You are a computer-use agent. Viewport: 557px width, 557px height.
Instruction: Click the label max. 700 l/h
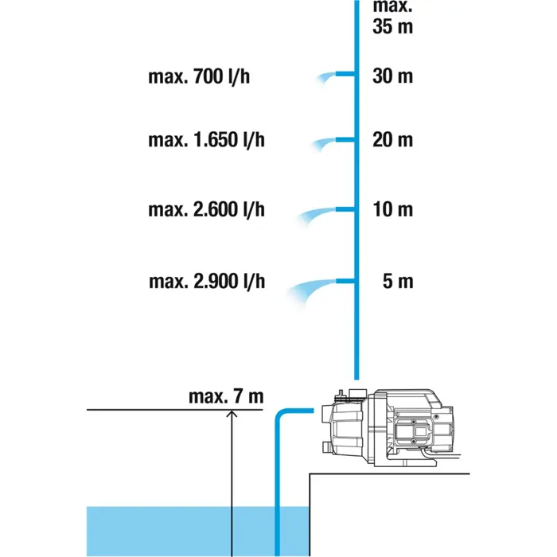coord(199,76)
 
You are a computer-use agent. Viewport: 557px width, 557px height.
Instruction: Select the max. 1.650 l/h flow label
coord(206,139)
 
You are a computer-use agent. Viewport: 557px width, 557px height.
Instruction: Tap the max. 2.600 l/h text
coord(206,209)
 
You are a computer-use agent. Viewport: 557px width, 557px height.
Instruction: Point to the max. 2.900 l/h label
coord(207,282)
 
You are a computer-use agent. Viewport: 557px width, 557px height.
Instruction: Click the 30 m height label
coord(392,76)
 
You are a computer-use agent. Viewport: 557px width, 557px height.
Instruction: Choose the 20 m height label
coord(392,139)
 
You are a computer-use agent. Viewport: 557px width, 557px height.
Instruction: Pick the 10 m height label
coord(393,209)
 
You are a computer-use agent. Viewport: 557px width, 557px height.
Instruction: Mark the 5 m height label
coord(398,282)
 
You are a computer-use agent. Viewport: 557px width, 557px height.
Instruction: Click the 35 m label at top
coord(392,26)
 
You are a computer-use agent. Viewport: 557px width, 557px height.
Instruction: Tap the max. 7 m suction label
coord(226,396)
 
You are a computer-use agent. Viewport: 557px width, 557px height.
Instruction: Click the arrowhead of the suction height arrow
coord(232,413)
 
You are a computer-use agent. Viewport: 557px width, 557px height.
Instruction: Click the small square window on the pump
coord(421,431)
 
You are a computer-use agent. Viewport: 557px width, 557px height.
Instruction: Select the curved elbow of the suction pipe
coord(280,414)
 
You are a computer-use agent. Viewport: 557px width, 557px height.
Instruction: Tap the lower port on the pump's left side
coord(327,447)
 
